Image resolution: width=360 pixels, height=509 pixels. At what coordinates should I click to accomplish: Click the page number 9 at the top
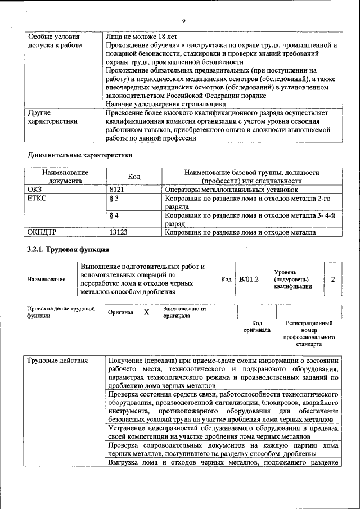click(183, 21)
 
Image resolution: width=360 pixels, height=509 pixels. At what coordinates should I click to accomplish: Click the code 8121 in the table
click(116, 190)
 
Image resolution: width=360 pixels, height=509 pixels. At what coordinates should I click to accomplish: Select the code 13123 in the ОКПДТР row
click(119, 232)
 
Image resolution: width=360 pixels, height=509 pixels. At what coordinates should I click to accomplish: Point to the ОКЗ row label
click(35, 190)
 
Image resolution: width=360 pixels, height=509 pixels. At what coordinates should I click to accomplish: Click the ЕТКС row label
click(37, 199)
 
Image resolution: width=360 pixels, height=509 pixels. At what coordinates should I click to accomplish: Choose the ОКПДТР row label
click(43, 232)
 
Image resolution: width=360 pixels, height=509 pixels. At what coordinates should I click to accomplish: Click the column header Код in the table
click(134, 177)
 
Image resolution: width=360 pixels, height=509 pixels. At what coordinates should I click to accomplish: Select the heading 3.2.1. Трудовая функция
click(68, 249)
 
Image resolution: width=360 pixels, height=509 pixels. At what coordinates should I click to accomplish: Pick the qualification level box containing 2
click(333, 279)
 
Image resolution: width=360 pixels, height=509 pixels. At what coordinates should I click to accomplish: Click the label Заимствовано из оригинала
click(185, 312)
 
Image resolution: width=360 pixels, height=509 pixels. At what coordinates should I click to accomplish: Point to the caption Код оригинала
click(256, 327)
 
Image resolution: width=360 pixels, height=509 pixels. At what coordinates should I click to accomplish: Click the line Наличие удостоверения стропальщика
click(166, 103)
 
